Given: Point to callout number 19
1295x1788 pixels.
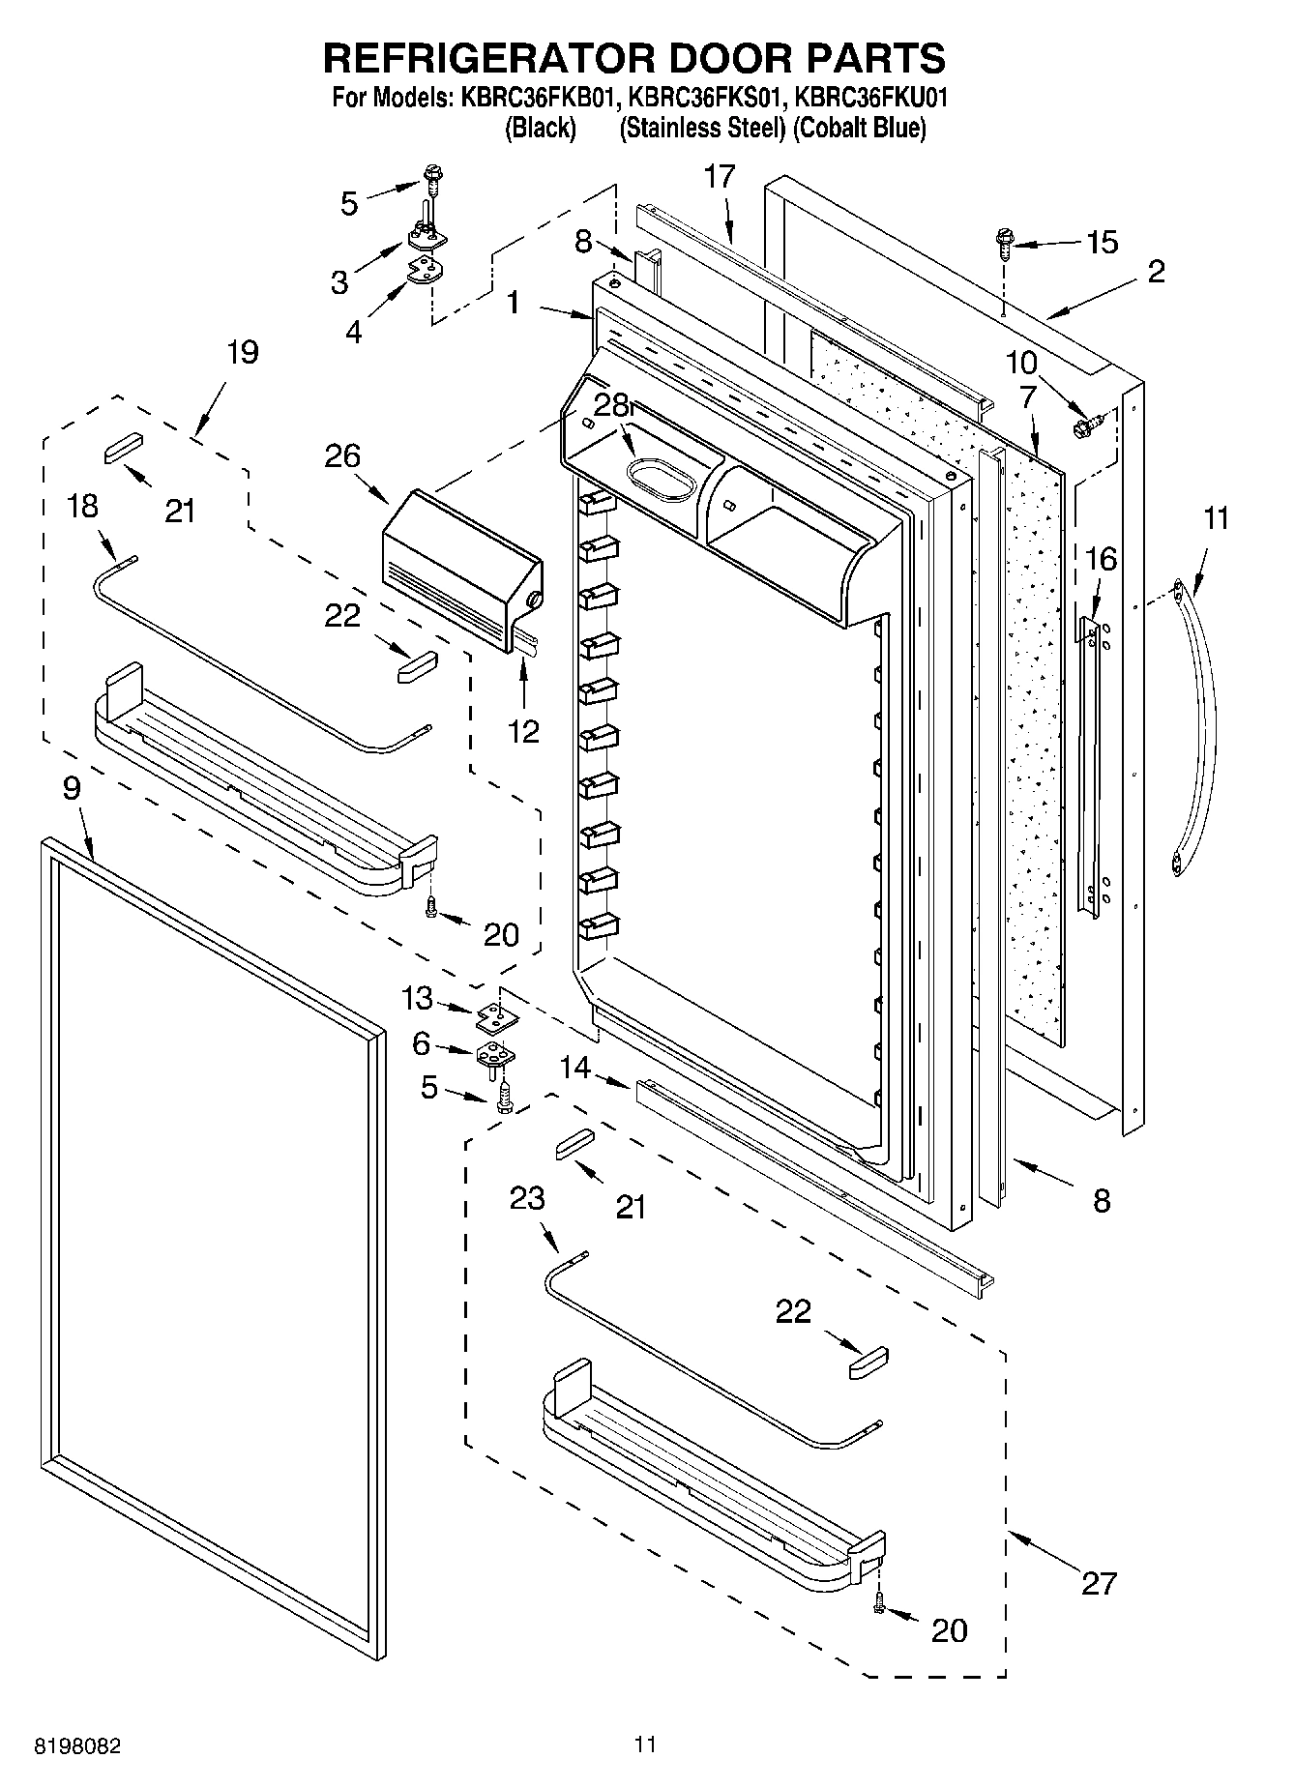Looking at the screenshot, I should click(242, 352).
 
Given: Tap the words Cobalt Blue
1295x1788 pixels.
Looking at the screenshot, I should click(859, 128).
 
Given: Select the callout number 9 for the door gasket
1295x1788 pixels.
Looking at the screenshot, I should click(72, 788).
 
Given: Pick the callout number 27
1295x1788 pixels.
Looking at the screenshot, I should click(1099, 1583).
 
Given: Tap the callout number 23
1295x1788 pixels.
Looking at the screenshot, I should click(528, 1199).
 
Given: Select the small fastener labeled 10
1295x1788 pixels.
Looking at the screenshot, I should click(1084, 422).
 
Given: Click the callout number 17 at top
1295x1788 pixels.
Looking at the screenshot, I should click(720, 177).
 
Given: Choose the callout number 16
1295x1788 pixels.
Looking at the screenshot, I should click(1101, 559).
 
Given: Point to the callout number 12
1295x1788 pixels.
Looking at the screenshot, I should click(523, 731).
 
